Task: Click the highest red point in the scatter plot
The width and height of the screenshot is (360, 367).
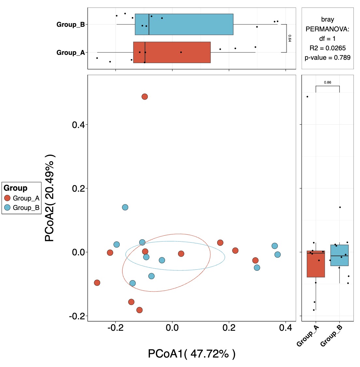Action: (145, 97)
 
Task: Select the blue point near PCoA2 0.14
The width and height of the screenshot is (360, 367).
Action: (125, 207)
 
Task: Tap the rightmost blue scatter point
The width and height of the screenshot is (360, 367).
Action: (277, 255)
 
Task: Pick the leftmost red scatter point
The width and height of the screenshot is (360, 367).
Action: (97, 283)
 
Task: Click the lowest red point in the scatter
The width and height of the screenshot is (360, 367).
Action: (140, 310)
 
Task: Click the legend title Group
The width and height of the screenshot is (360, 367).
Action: (15, 188)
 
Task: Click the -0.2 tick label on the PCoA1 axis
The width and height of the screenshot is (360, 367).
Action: (115, 328)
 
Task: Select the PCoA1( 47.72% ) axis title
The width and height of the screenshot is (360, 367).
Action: (191, 354)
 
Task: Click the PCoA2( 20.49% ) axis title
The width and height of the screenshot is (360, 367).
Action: (50, 198)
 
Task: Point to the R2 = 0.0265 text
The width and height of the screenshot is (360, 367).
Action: (327, 48)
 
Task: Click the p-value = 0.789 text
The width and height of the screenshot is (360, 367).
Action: (327, 57)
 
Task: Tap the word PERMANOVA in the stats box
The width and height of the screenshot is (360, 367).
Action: (327, 29)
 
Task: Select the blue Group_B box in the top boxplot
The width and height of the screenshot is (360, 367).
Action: (184, 24)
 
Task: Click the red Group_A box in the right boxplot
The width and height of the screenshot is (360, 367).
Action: (316, 264)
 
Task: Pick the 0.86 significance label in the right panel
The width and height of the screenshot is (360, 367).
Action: (327, 82)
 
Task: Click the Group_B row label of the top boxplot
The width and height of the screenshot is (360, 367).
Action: (70, 24)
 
